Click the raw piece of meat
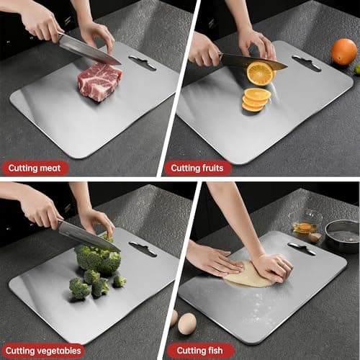(x=99, y=81)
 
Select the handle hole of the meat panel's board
(x=143, y=63)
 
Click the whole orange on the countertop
(x=343, y=51)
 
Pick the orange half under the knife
(x=259, y=73)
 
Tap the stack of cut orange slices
(x=256, y=99)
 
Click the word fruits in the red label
(x=212, y=168)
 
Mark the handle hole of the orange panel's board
(x=307, y=63)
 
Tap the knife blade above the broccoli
(x=86, y=235)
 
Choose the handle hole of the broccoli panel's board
(x=143, y=249)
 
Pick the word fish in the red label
(x=215, y=351)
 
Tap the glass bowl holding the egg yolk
(x=305, y=223)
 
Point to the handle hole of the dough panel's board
(x=302, y=249)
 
